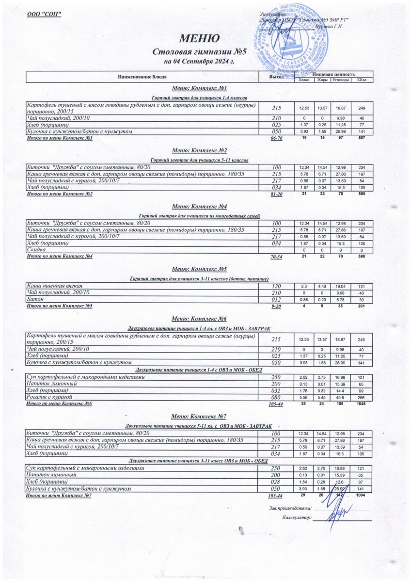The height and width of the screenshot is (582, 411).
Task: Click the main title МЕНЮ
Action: (x=200, y=38)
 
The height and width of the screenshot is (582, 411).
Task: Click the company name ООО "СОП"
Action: (x=44, y=14)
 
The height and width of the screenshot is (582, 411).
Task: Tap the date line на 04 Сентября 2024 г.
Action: (x=199, y=62)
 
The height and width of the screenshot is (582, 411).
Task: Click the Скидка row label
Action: (x=36, y=249)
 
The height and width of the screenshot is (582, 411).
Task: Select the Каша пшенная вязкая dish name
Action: (x=54, y=286)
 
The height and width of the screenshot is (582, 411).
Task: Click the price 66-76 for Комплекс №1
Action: (x=276, y=139)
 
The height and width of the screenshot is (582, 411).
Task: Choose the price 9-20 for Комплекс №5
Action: (x=276, y=307)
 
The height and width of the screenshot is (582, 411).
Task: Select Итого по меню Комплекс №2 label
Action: (x=66, y=194)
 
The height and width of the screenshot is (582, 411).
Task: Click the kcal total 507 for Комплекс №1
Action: (x=361, y=138)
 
